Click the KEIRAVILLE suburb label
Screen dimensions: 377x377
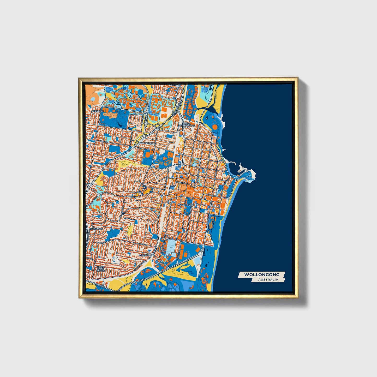98,111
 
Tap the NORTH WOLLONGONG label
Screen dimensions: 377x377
187,124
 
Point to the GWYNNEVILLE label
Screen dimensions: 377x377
148,143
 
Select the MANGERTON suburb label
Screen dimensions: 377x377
96,229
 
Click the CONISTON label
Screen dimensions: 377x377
145,255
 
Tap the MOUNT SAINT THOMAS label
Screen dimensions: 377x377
100,269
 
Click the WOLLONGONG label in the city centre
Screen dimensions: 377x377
185,205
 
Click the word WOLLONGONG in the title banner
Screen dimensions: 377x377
262,274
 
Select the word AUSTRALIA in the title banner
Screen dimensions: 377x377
268,280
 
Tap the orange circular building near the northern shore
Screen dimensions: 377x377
214,127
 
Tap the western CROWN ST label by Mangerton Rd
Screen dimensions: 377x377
130,196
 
